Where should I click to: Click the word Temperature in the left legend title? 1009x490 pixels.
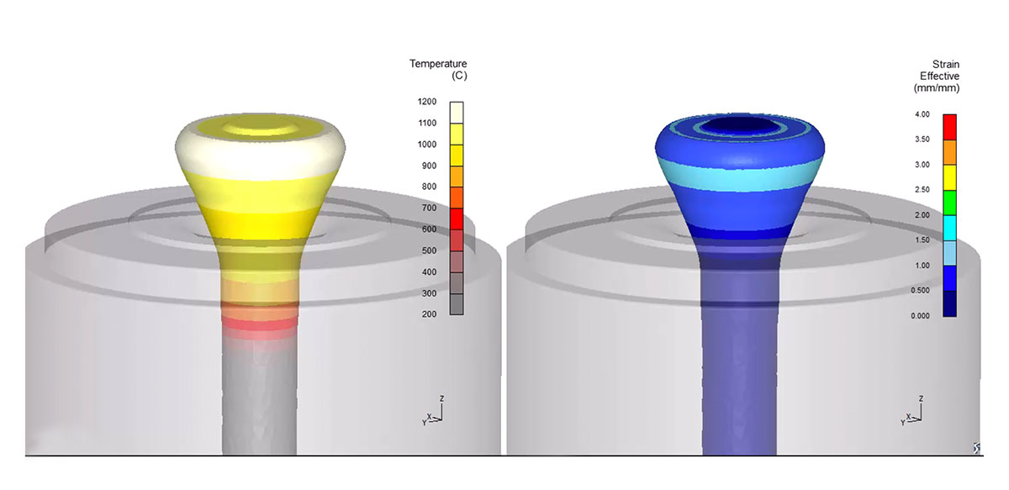(438, 64)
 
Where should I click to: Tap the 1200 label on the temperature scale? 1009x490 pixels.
(427, 102)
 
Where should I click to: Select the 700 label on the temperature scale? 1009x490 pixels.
(429, 208)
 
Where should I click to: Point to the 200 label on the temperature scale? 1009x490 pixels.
(429, 314)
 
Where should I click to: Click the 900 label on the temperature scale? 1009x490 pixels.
(429, 166)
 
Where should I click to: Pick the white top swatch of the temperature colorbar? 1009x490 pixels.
(457, 113)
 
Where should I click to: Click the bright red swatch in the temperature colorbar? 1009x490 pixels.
(457, 219)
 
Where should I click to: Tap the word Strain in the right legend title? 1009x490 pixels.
(945, 65)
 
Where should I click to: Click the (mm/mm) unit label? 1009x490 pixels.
(937, 88)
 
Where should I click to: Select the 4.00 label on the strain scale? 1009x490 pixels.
(922, 114)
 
